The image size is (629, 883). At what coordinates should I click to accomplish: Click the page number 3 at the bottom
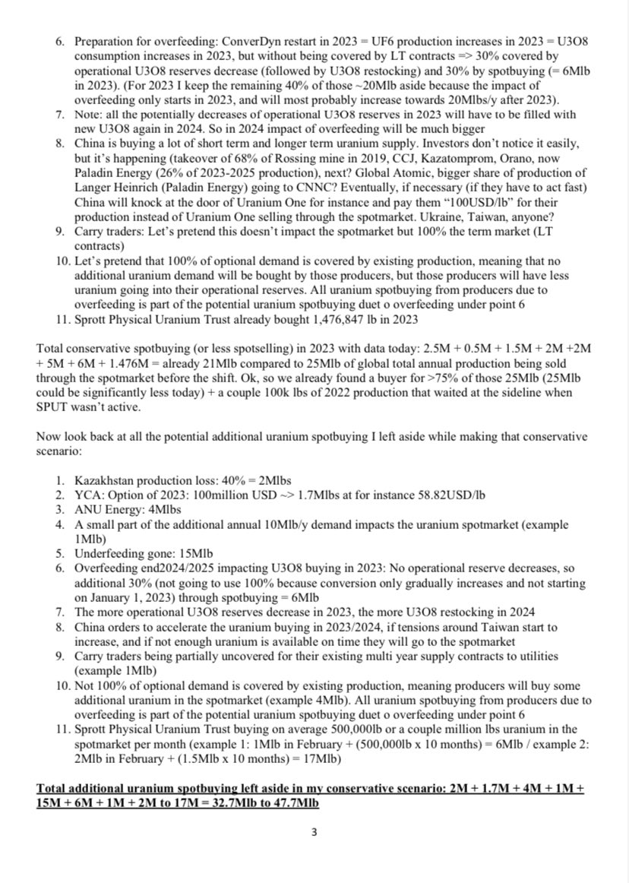click(314, 831)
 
